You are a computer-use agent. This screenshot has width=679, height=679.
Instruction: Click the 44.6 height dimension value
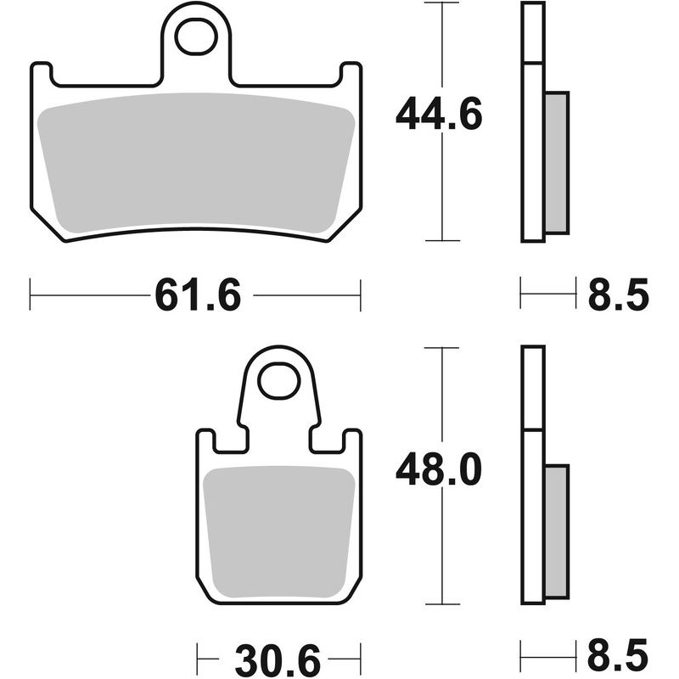[x=439, y=114]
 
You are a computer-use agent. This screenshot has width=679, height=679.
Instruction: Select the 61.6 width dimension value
[x=198, y=296]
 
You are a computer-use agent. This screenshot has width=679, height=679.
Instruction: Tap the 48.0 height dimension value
[x=439, y=469]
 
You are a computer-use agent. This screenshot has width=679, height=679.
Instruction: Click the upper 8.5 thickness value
[x=618, y=296]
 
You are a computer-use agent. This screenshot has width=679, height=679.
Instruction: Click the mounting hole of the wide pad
[x=196, y=36]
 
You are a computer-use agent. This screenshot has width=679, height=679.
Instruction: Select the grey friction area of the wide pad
[x=196, y=161]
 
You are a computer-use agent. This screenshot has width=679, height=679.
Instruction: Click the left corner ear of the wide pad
[x=42, y=74]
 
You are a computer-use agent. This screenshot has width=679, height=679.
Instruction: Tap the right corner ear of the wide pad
[x=351, y=74]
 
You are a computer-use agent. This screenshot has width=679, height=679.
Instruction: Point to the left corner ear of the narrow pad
[x=205, y=441]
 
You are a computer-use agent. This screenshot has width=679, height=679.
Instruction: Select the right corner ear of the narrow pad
[x=354, y=441]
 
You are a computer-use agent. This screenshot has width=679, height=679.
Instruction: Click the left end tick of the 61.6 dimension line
[x=31, y=295]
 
